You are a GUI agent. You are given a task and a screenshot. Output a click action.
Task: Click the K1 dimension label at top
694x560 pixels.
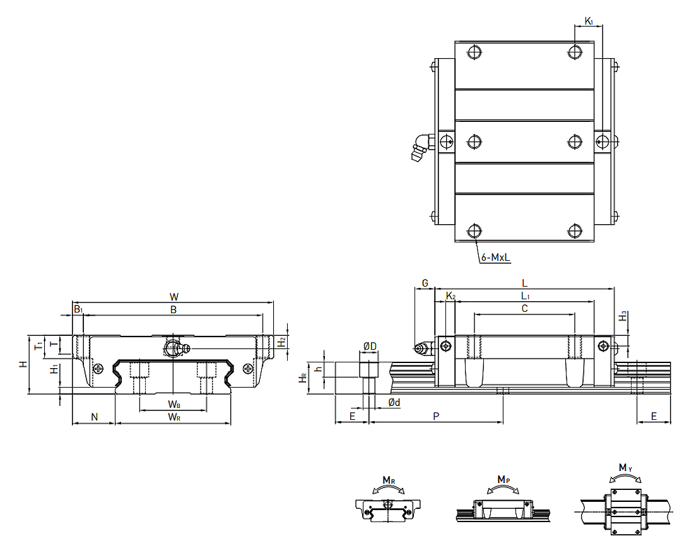pos(589,21)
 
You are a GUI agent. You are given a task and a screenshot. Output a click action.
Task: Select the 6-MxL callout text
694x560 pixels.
pos(495,258)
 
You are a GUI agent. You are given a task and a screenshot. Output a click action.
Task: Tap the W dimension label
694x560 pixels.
pos(174,296)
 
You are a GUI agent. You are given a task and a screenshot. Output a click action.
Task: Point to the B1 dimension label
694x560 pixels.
pos(78,309)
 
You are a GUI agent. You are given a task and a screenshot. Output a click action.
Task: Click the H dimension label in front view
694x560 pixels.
pos(23,364)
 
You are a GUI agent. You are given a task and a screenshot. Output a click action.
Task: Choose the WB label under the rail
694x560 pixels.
pos(174,404)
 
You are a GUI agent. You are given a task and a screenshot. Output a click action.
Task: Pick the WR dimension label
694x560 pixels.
pos(174,417)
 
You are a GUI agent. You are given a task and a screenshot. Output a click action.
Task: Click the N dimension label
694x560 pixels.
pos(95,417)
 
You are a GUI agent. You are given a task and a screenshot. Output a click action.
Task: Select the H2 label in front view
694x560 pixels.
pos(282,341)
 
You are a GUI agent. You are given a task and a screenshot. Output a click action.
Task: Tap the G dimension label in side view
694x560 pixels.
pos(425,283)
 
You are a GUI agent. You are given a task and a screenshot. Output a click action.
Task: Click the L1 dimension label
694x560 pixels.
pos(525,295)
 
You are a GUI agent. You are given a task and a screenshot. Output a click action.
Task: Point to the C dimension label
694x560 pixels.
pos(524,308)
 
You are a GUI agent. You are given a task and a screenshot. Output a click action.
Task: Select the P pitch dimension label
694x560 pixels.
pos(435,416)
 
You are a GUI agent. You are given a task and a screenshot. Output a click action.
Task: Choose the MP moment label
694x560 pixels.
pos(503,480)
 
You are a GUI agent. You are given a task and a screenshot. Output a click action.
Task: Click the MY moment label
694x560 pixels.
pos(624,468)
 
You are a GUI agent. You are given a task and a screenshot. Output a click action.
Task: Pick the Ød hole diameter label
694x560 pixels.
pos(392,402)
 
